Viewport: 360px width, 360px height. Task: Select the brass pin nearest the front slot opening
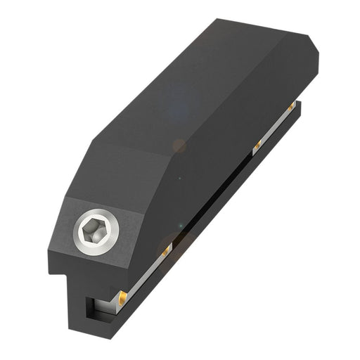tap(124, 295)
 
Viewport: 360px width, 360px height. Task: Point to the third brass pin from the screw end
tap(257, 146)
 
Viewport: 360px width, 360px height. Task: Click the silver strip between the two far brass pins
tap(275, 126)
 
